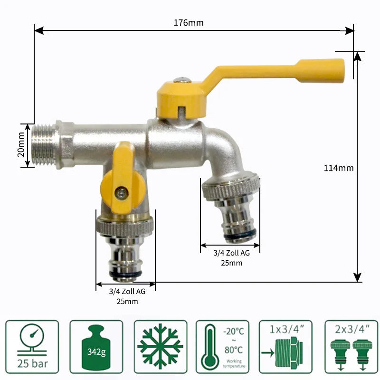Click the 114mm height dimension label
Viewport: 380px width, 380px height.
[x=339, y=168]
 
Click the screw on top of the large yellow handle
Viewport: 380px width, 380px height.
[x=180, y=82]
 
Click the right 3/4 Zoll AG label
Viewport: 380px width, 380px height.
[x=231, y=253]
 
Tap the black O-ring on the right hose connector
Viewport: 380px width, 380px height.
[x=240, y=234]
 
